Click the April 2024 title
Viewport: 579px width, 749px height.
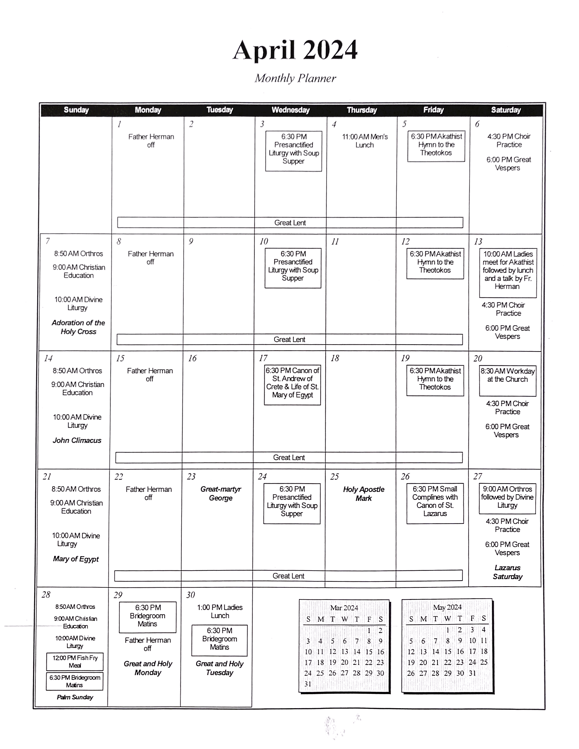coord(295,50)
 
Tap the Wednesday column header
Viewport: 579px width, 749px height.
coord(290,110)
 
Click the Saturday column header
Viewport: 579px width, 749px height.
coord(506,110)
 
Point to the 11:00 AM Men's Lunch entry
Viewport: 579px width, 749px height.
coord(365,141)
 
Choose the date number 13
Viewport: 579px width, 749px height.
coord(478,242)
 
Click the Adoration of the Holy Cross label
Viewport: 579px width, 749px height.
coord(78,327)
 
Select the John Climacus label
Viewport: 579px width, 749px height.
coord(77,440)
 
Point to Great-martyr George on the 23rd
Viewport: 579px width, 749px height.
coord(221,494)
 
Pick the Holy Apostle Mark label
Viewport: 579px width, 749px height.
coord(364,494)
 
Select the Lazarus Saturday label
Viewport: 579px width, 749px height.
coord(507,572)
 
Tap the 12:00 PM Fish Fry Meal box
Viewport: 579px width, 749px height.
coord(75,662)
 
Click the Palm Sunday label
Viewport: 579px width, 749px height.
coord(75,697)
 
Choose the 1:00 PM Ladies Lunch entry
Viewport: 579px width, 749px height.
coord(220,611)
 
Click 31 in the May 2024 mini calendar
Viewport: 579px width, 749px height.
coord(472,673)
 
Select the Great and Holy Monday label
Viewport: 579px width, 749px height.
coord(148,668)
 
